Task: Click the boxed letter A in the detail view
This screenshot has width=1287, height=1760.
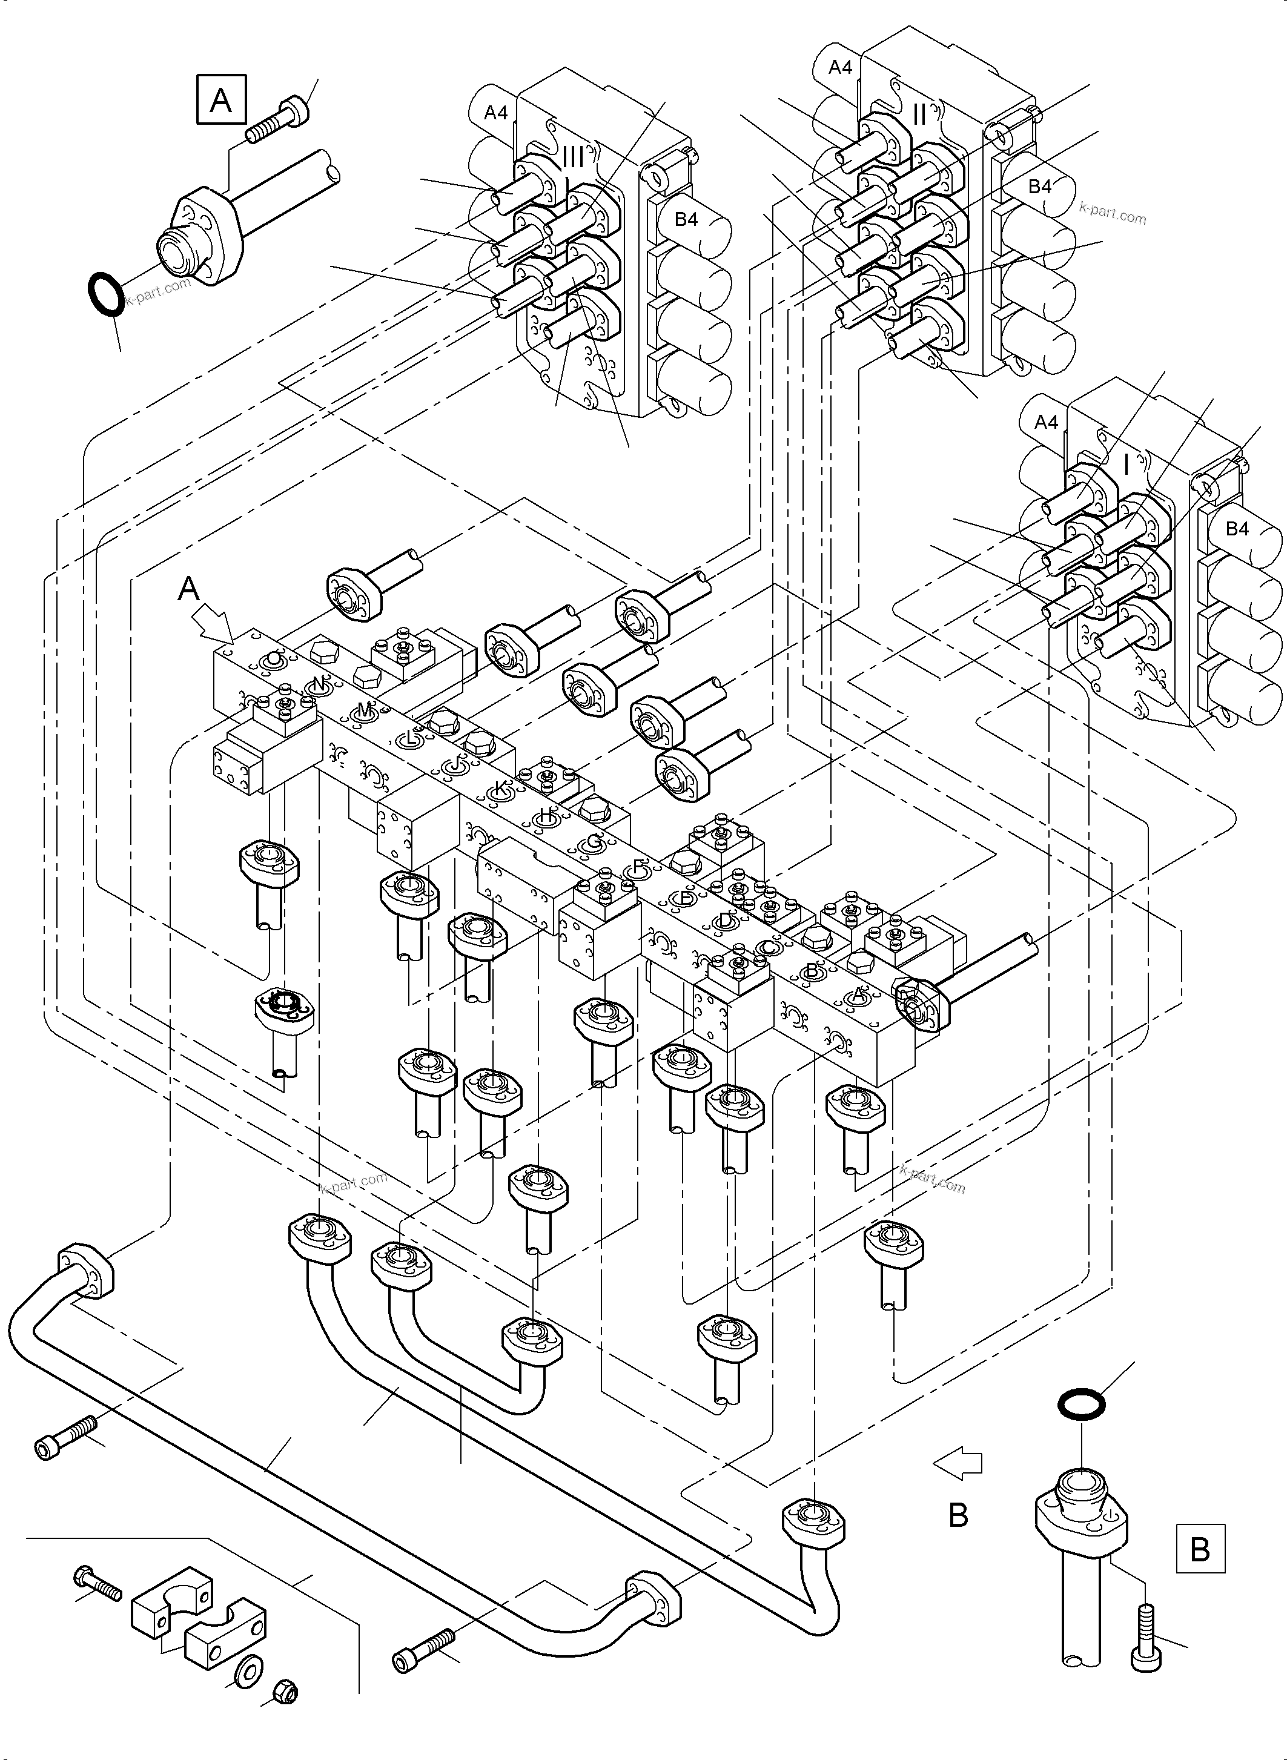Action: [x=221, y=100]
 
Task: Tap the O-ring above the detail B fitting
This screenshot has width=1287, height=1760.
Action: [x=1081, y=1404]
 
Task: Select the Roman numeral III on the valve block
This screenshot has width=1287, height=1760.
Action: [x=572, y=157]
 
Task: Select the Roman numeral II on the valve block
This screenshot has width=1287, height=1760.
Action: [x=919, y=114]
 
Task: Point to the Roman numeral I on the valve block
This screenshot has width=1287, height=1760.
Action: [x=1127, y=465]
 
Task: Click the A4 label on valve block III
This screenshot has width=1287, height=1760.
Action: [x=496, y=113]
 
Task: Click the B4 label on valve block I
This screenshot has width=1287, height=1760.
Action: [x=1236, y=528]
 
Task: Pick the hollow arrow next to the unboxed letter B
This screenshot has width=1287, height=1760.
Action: [x=958, y=1463]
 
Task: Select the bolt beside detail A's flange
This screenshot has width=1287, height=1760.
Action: [x=277, y=120]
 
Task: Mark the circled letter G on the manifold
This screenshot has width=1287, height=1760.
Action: [x=594, y=842]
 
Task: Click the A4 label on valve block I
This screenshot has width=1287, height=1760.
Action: [x=1047, y=422]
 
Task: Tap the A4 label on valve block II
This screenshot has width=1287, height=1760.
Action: [x=840, y=68]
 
